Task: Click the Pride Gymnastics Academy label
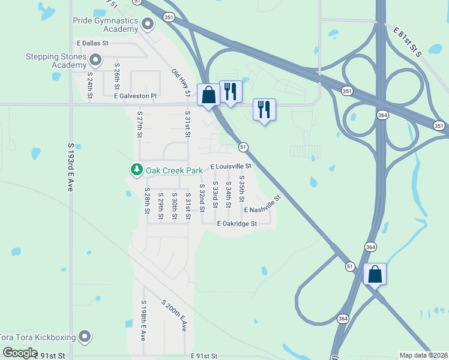click(105, 25)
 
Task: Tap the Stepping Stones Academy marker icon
click(95, 59)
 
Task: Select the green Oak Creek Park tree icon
click(137, 170)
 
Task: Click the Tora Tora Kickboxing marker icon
click(85, 336)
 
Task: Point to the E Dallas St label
click(92, 43)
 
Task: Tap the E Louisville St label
click(231, 166)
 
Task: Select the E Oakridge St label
click(237, 224)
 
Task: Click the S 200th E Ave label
click(174, 316)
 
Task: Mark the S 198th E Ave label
click(143, 320)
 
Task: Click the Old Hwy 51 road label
click(181, 82)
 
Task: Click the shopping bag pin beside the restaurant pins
click(209, 95)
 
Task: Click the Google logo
click(20, 352)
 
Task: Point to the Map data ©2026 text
click(423, 355)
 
